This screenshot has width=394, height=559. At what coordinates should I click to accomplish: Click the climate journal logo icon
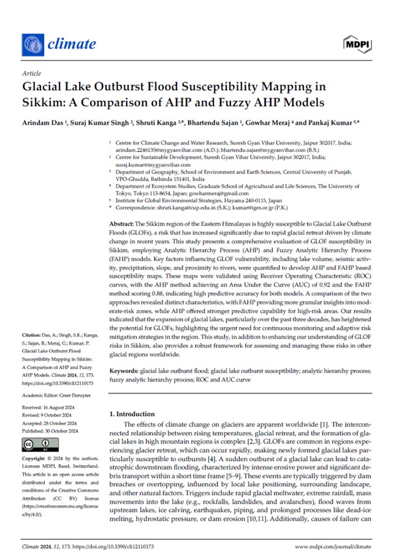(x=31, y=44)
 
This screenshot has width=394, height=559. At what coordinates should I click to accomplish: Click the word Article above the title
(x=31, y=72)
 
